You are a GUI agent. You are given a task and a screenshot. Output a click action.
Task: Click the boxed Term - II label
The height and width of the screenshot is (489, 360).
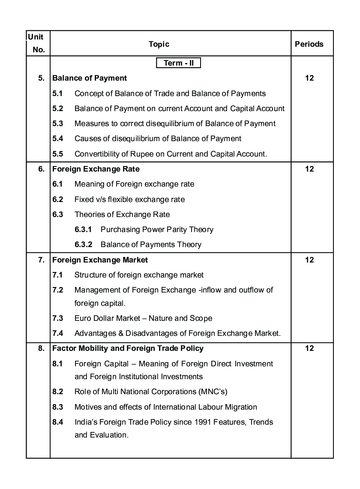point(179,63)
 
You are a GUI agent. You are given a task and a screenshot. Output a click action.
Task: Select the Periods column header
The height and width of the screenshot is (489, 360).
point(309,44)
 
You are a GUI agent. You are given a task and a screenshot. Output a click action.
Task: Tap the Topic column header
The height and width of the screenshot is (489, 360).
point(159,44)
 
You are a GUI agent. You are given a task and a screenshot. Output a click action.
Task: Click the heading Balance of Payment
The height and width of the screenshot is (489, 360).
point(90,78)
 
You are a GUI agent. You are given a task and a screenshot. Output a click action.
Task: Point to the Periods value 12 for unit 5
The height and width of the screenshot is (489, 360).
point(309,78)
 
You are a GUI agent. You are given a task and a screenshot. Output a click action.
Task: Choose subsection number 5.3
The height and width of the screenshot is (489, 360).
point(58,124)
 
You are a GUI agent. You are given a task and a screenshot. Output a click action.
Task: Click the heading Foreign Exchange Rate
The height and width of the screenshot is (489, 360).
point(96,169)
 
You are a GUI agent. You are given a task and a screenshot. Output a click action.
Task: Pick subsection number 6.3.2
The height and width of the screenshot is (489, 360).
point(84,244)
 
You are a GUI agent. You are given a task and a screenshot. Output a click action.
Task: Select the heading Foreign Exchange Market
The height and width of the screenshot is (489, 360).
point(100,260)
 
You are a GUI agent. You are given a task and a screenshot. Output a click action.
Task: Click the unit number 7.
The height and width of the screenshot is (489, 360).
point(41,260)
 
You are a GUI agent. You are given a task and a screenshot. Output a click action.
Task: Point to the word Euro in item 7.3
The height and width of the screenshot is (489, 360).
point(82,318)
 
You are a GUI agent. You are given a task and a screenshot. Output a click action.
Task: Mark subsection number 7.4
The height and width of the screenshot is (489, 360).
point(58,333)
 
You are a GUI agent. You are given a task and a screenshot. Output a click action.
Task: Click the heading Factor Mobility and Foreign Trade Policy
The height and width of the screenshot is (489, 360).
point(128,348)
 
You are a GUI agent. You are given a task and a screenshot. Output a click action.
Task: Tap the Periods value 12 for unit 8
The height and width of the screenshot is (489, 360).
point(309,348)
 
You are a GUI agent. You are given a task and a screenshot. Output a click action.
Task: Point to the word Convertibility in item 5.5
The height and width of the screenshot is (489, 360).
point(96,154)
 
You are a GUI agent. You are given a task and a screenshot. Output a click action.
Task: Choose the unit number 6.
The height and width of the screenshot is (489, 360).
point(41,169)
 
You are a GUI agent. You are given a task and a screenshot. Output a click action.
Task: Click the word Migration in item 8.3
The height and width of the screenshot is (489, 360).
point(240,407)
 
